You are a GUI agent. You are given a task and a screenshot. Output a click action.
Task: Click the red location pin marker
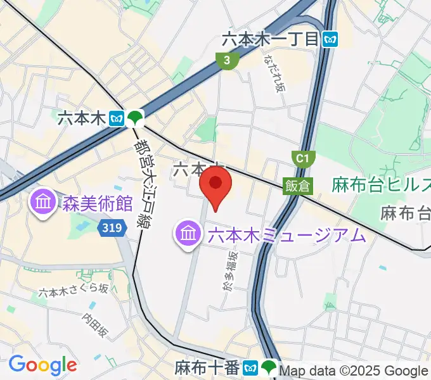(215, 184)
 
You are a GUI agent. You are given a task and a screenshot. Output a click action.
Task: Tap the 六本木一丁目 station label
(269, 39)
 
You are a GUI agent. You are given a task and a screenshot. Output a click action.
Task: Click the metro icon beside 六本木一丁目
(330, 39)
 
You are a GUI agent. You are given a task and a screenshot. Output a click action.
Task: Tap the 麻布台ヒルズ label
(380, 185)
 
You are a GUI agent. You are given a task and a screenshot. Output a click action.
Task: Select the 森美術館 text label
(97, 203)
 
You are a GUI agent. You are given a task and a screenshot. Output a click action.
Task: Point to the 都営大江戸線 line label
(147, 184)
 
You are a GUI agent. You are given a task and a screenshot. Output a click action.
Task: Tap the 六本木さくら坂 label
(73, 290)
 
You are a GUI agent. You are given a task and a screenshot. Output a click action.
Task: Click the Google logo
(42, 365)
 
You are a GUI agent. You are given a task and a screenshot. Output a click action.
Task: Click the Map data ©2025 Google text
(354, 371)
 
